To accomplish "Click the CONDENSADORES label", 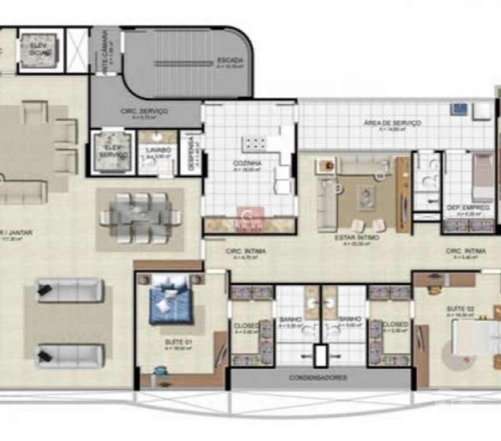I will [317, 378].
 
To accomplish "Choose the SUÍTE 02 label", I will [460, 310].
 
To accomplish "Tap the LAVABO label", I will [157, 150].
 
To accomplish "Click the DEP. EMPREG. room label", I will [468, 207].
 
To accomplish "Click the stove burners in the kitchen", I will [253, 143].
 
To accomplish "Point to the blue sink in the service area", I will [459, 109].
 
